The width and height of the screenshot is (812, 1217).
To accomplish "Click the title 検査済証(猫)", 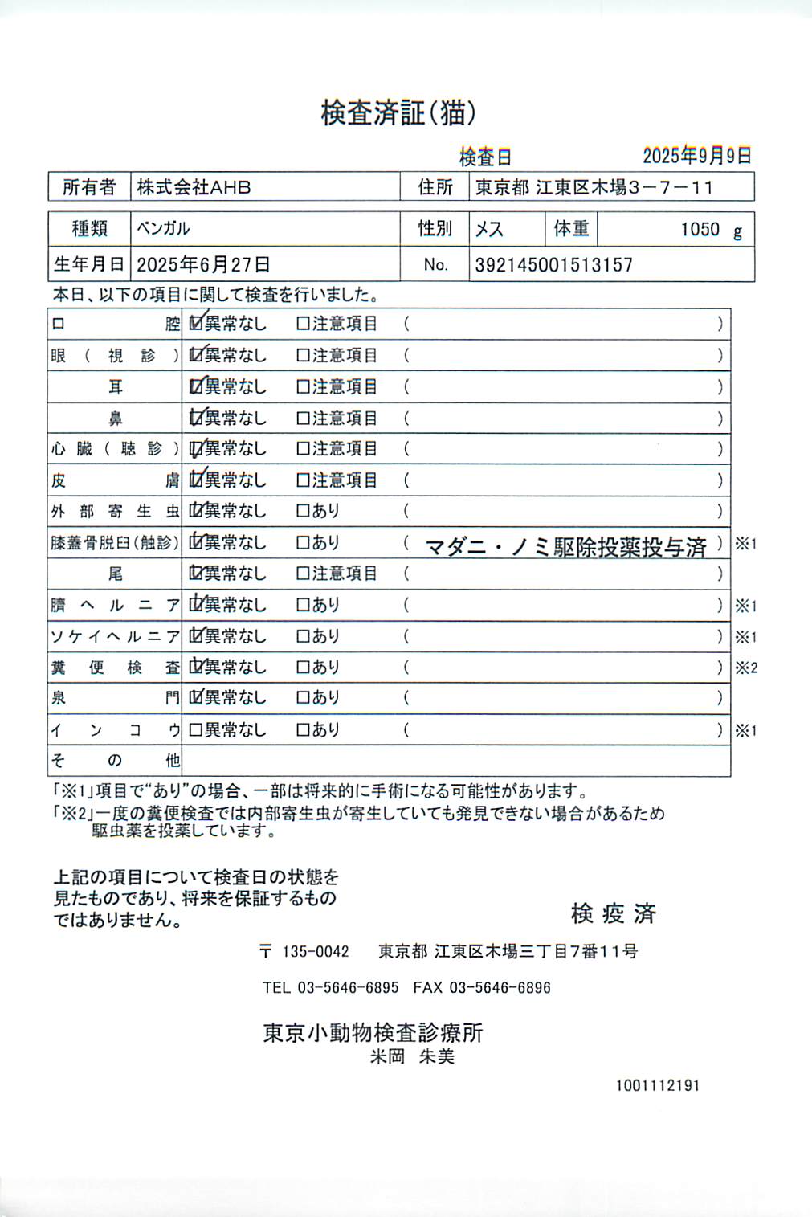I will click(398, 112).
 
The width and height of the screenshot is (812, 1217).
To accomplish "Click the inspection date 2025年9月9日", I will click(696, 155).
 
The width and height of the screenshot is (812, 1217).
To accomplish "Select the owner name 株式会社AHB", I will click(194, 187).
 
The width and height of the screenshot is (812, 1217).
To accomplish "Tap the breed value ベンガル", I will click(163, 229).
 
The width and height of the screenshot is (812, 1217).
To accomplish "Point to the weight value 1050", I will click(700, 230).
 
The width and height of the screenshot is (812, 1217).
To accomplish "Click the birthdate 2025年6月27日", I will click(203, 264).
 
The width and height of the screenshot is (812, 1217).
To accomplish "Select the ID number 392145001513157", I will click(553, 265).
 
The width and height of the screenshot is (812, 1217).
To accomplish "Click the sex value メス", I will click(489, 230).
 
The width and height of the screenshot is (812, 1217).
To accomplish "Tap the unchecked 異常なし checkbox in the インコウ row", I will click(195, 730).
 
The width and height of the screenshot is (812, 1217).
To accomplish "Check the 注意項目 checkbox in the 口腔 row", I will click(303, 324).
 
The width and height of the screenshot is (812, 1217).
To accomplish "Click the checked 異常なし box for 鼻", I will click(195, 418).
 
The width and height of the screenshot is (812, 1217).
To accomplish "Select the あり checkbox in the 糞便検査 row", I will click(303, 668).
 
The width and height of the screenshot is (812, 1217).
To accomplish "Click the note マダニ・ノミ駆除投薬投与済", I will click(565, 548).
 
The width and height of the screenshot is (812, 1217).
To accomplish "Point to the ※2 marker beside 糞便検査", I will click(746, 668).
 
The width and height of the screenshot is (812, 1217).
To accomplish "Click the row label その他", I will click(115, 760).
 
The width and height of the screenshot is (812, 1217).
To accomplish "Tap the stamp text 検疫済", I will click(613, 913).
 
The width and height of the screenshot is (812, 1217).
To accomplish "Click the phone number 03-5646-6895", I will click(348, 987).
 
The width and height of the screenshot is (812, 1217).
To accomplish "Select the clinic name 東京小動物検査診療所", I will click(373, 1032).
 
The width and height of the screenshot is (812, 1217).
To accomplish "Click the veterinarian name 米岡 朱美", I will click(412, 1056).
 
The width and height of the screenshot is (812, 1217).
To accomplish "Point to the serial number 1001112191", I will click(658, 1085).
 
